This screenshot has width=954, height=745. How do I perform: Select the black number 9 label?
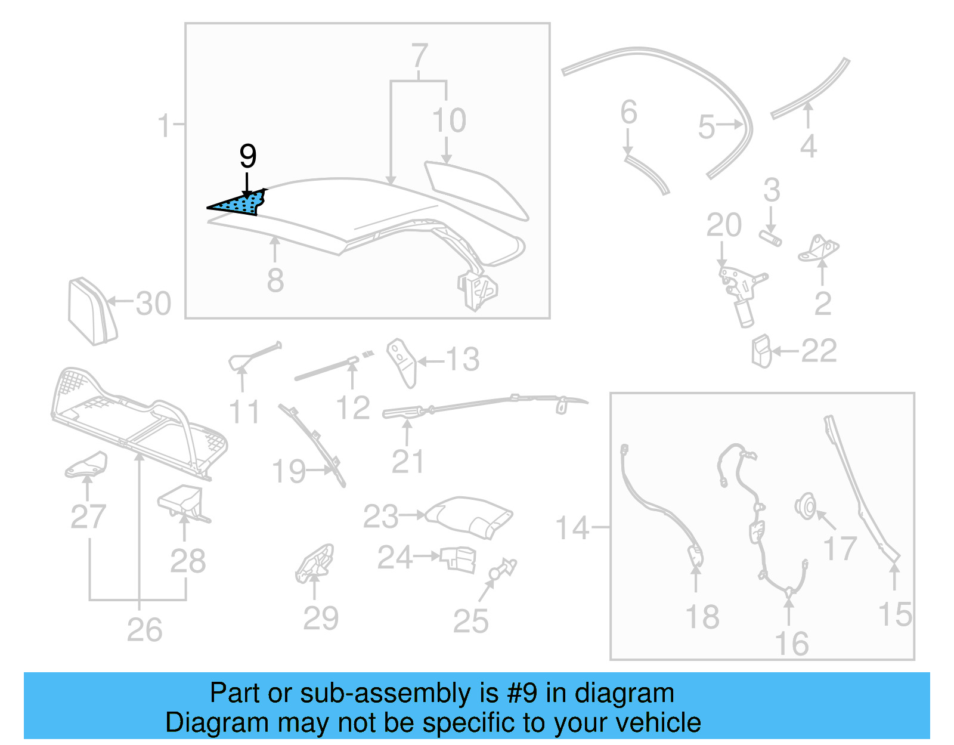coord(247,156)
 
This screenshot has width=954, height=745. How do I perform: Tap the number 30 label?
coord(153,304)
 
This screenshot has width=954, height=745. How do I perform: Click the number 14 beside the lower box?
coord(572,528)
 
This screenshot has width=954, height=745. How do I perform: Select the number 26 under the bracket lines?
coord(144,630)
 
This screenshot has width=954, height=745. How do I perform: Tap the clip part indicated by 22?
coord(761,351)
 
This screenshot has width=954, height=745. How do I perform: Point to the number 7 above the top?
coord(420,56)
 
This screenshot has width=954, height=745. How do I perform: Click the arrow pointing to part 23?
coord(412,514)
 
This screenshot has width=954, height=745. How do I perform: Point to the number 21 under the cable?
coord(408,462)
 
